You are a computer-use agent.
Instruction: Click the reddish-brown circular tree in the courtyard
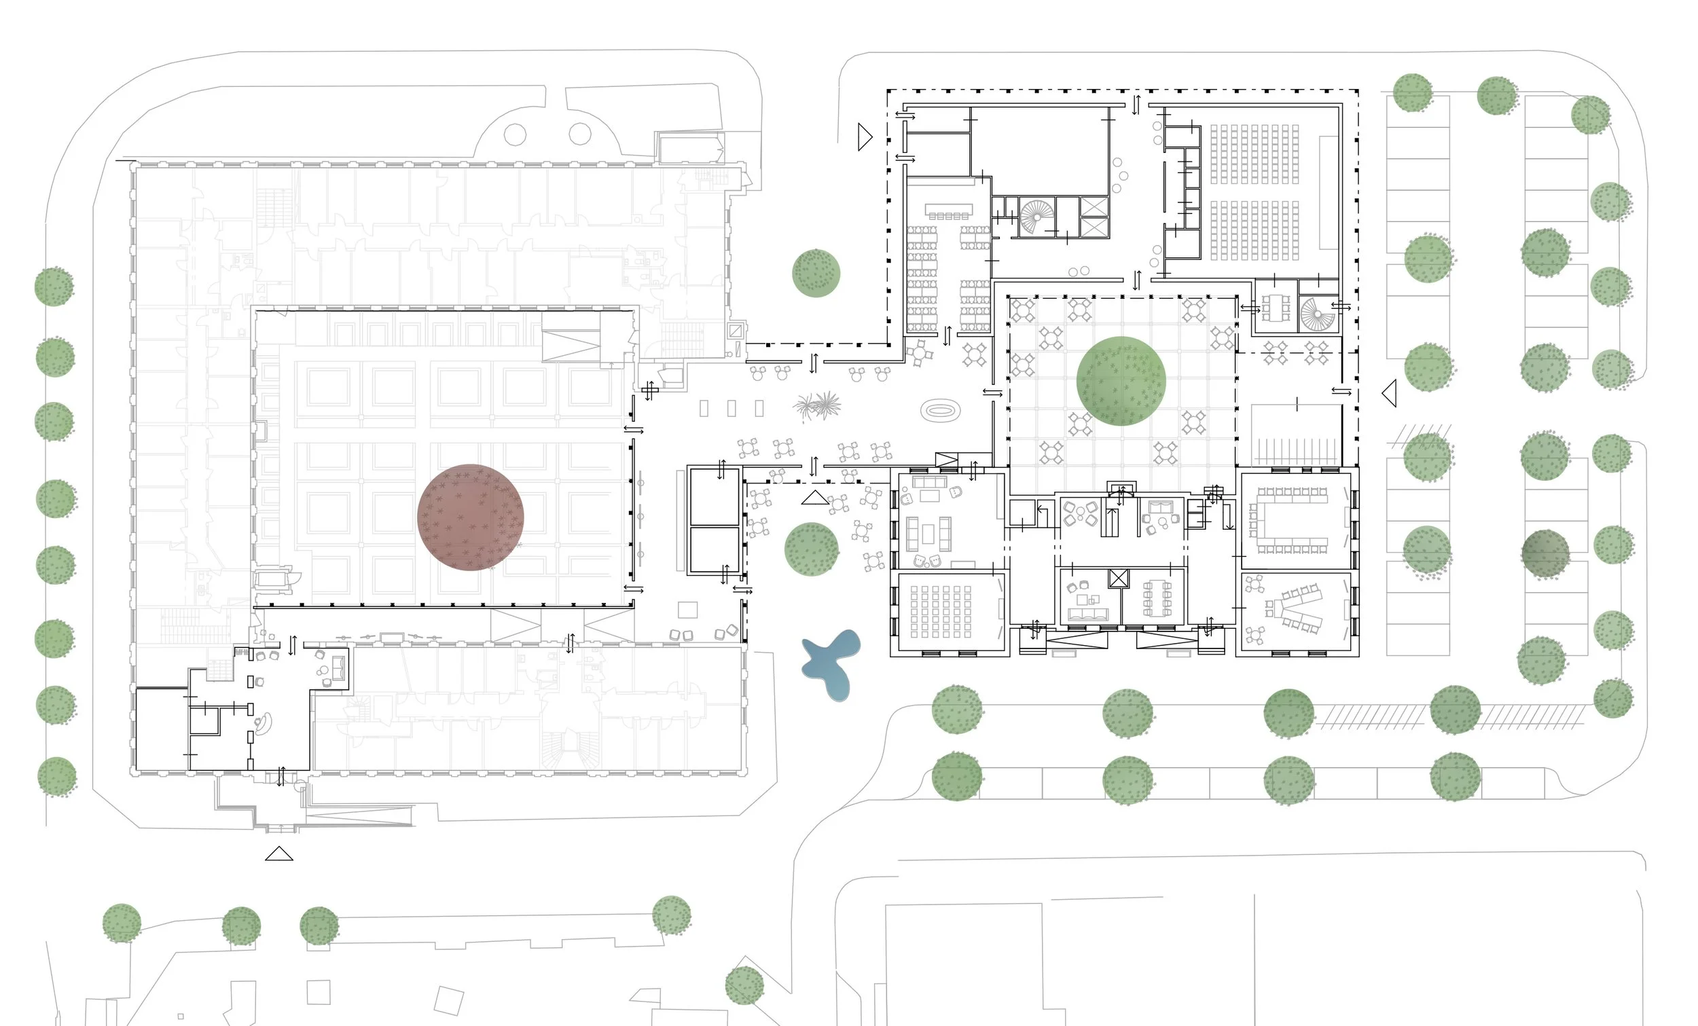(471, 517)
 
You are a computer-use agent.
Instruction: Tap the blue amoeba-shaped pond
(832, 663)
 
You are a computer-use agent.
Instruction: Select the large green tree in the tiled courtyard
(1121, 381)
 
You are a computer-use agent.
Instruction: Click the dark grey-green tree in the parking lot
(1545, 553)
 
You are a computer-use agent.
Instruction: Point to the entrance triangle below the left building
(279, 854)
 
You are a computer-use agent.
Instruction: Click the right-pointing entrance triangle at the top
(865, 136)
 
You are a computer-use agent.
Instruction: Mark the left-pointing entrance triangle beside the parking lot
(1389, 393)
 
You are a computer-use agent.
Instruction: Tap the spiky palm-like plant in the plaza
(818, 405)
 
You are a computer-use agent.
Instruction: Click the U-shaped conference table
(1290, 520)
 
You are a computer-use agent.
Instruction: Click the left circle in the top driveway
(515, 134)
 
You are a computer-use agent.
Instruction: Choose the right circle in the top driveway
(580, 134)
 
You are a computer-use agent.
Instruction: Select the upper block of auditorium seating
(1254, 153)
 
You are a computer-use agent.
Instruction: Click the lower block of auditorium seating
(1254, 230)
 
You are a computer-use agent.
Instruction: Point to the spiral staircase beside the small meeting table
(1317, 314)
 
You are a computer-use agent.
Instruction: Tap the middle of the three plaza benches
(731, 409)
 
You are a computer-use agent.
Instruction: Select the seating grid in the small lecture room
(941, 611)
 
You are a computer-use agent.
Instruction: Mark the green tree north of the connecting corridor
(816, 274)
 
